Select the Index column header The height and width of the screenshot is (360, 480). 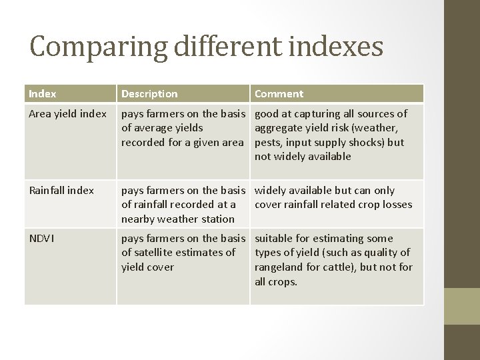(x=42, y=94)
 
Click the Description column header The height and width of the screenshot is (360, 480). (x=149, y=94)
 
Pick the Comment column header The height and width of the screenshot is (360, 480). (x=279, y=94)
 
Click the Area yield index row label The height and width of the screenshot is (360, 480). (x=67, y=114)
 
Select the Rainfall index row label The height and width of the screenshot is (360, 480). (x=61, y=190)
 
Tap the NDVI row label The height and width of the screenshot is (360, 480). (x=41, y=238)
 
